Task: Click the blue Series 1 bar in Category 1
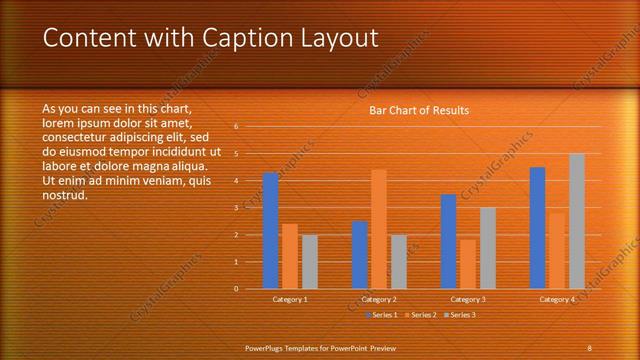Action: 270,231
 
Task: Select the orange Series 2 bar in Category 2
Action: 379,229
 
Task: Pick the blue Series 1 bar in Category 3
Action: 448,241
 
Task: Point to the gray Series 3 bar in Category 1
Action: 309,262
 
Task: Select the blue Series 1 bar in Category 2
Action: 359,255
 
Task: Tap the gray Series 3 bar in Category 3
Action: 487,248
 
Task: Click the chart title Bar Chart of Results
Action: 419,110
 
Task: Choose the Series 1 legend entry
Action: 382,315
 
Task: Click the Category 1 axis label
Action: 290,299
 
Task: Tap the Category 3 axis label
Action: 468,299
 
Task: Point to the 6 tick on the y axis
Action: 236,127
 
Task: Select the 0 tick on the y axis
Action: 236,289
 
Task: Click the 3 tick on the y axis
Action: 236,208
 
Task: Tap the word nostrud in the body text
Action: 65,194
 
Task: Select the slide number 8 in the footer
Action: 590,347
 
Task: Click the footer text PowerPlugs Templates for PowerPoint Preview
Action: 320,347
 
